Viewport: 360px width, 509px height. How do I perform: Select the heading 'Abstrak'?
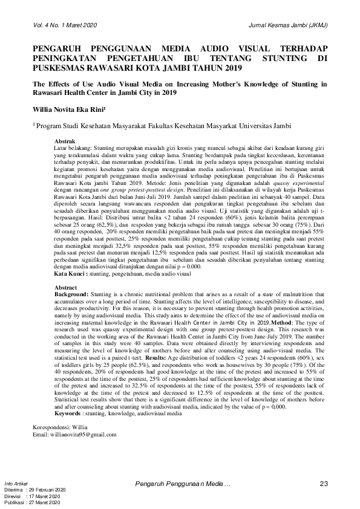pos(65,141)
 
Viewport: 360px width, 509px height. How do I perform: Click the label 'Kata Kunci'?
pos(69,274)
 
